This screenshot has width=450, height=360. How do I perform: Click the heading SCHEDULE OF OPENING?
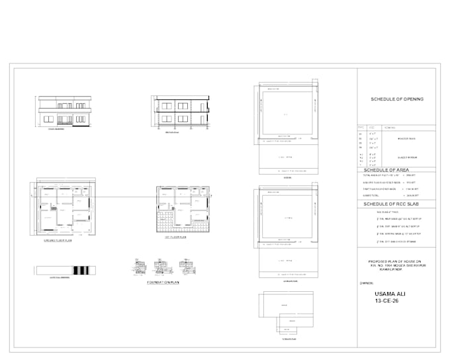coord(397,99)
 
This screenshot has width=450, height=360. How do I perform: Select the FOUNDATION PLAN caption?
coord(164,283)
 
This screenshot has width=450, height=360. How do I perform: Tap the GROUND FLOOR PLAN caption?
coord(58,242)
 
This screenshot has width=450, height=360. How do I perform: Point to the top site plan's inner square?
coord(286,114)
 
